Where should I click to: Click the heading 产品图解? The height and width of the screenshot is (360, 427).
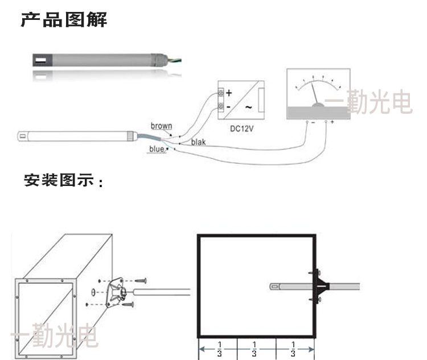coord(64,20)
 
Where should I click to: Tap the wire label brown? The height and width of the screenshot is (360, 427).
coord(161,126)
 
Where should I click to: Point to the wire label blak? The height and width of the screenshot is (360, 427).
coord(198,142)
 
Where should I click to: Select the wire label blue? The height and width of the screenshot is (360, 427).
coord(157,149)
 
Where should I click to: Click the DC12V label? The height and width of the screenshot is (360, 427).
coord(241,128)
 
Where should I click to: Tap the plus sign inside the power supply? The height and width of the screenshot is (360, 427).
coord(229,92)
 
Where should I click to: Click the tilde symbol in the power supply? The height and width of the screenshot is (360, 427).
coord(248,107)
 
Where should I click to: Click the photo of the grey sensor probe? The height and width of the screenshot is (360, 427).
coord(102,59)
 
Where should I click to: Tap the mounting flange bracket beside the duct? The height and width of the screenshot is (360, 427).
coord(118,291)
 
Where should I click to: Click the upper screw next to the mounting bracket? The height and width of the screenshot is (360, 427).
coord(141,280)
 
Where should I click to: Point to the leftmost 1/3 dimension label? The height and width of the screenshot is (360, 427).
coord(219,349)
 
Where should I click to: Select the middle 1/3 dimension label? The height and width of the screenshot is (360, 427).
coord(254,349)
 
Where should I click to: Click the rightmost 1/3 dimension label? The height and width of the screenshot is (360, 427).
coord(293,349)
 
